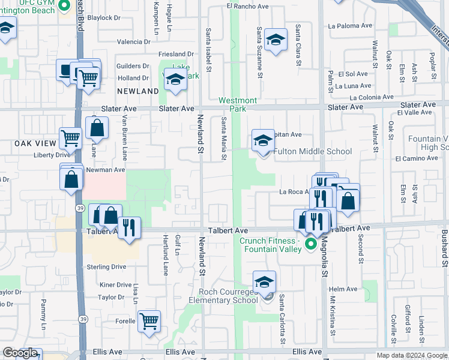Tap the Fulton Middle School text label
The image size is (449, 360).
click(313, 151)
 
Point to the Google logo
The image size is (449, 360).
click(20, 353)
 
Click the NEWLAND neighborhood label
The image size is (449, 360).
click(138, 91)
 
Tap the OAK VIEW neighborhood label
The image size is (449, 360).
click(35, 144)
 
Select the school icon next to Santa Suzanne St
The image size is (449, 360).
click(276, 40)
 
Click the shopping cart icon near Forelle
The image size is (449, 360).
click(149, 320)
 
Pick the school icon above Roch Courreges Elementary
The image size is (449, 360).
click(264, 281)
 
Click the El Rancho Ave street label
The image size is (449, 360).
click(247, 6)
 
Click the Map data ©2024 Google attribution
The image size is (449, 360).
click(412, 355)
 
